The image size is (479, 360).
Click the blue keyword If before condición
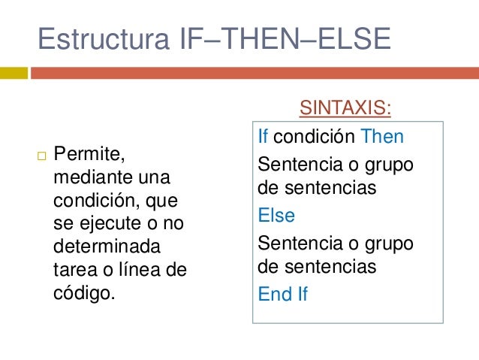(263, 137)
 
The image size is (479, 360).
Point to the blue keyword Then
(382, 137)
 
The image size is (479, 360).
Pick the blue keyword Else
(276, 216)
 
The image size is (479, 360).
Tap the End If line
(283, 295)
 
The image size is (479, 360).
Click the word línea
(140, 269)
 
